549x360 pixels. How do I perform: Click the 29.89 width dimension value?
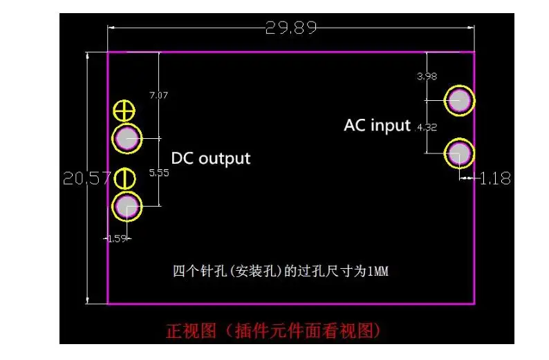point(291,28)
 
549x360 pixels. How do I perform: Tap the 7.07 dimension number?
point(159,95)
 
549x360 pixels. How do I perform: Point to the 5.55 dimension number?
point(159,173)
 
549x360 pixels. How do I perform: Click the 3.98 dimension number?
point(427,77)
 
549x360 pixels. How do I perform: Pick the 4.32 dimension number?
point(427,127)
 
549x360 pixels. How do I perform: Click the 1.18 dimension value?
point(496,178)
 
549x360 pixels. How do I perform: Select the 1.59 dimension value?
point(116,238)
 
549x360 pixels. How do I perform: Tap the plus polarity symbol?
point(124,110)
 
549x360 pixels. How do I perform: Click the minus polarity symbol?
point(124,179)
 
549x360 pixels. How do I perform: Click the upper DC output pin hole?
point(127,139)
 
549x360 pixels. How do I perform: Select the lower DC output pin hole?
point(127,205)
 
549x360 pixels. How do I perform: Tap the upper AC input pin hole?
point(459,101)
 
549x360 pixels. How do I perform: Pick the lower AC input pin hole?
point(459,153)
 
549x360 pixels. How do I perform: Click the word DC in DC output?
point(183,158)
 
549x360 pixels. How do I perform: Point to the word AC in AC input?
point(355,126)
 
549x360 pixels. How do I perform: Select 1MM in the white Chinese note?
point(378,272)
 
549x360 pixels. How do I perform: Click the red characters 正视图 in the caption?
point(186,330)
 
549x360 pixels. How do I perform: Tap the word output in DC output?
point(224,158)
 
